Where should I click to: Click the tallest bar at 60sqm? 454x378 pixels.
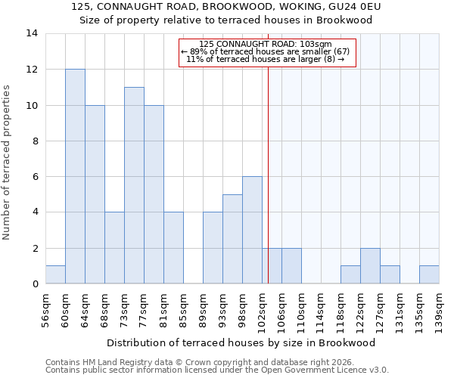75,176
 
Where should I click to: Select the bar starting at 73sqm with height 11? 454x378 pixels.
134,185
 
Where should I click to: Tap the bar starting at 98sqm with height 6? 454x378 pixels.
252,230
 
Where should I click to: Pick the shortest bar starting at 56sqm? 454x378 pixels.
55,274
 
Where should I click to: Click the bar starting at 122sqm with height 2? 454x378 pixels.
370,265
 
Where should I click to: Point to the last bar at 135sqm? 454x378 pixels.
429,274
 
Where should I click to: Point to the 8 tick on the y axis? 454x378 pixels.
34,141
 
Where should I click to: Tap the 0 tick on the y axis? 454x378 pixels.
34,283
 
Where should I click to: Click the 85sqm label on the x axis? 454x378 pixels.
183,308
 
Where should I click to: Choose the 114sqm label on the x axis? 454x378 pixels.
321,309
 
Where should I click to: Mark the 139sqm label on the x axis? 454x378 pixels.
439,309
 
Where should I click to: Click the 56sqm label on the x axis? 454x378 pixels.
45,308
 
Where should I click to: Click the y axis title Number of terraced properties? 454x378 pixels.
8,163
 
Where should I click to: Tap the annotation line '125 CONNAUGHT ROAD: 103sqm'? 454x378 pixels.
266,44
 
